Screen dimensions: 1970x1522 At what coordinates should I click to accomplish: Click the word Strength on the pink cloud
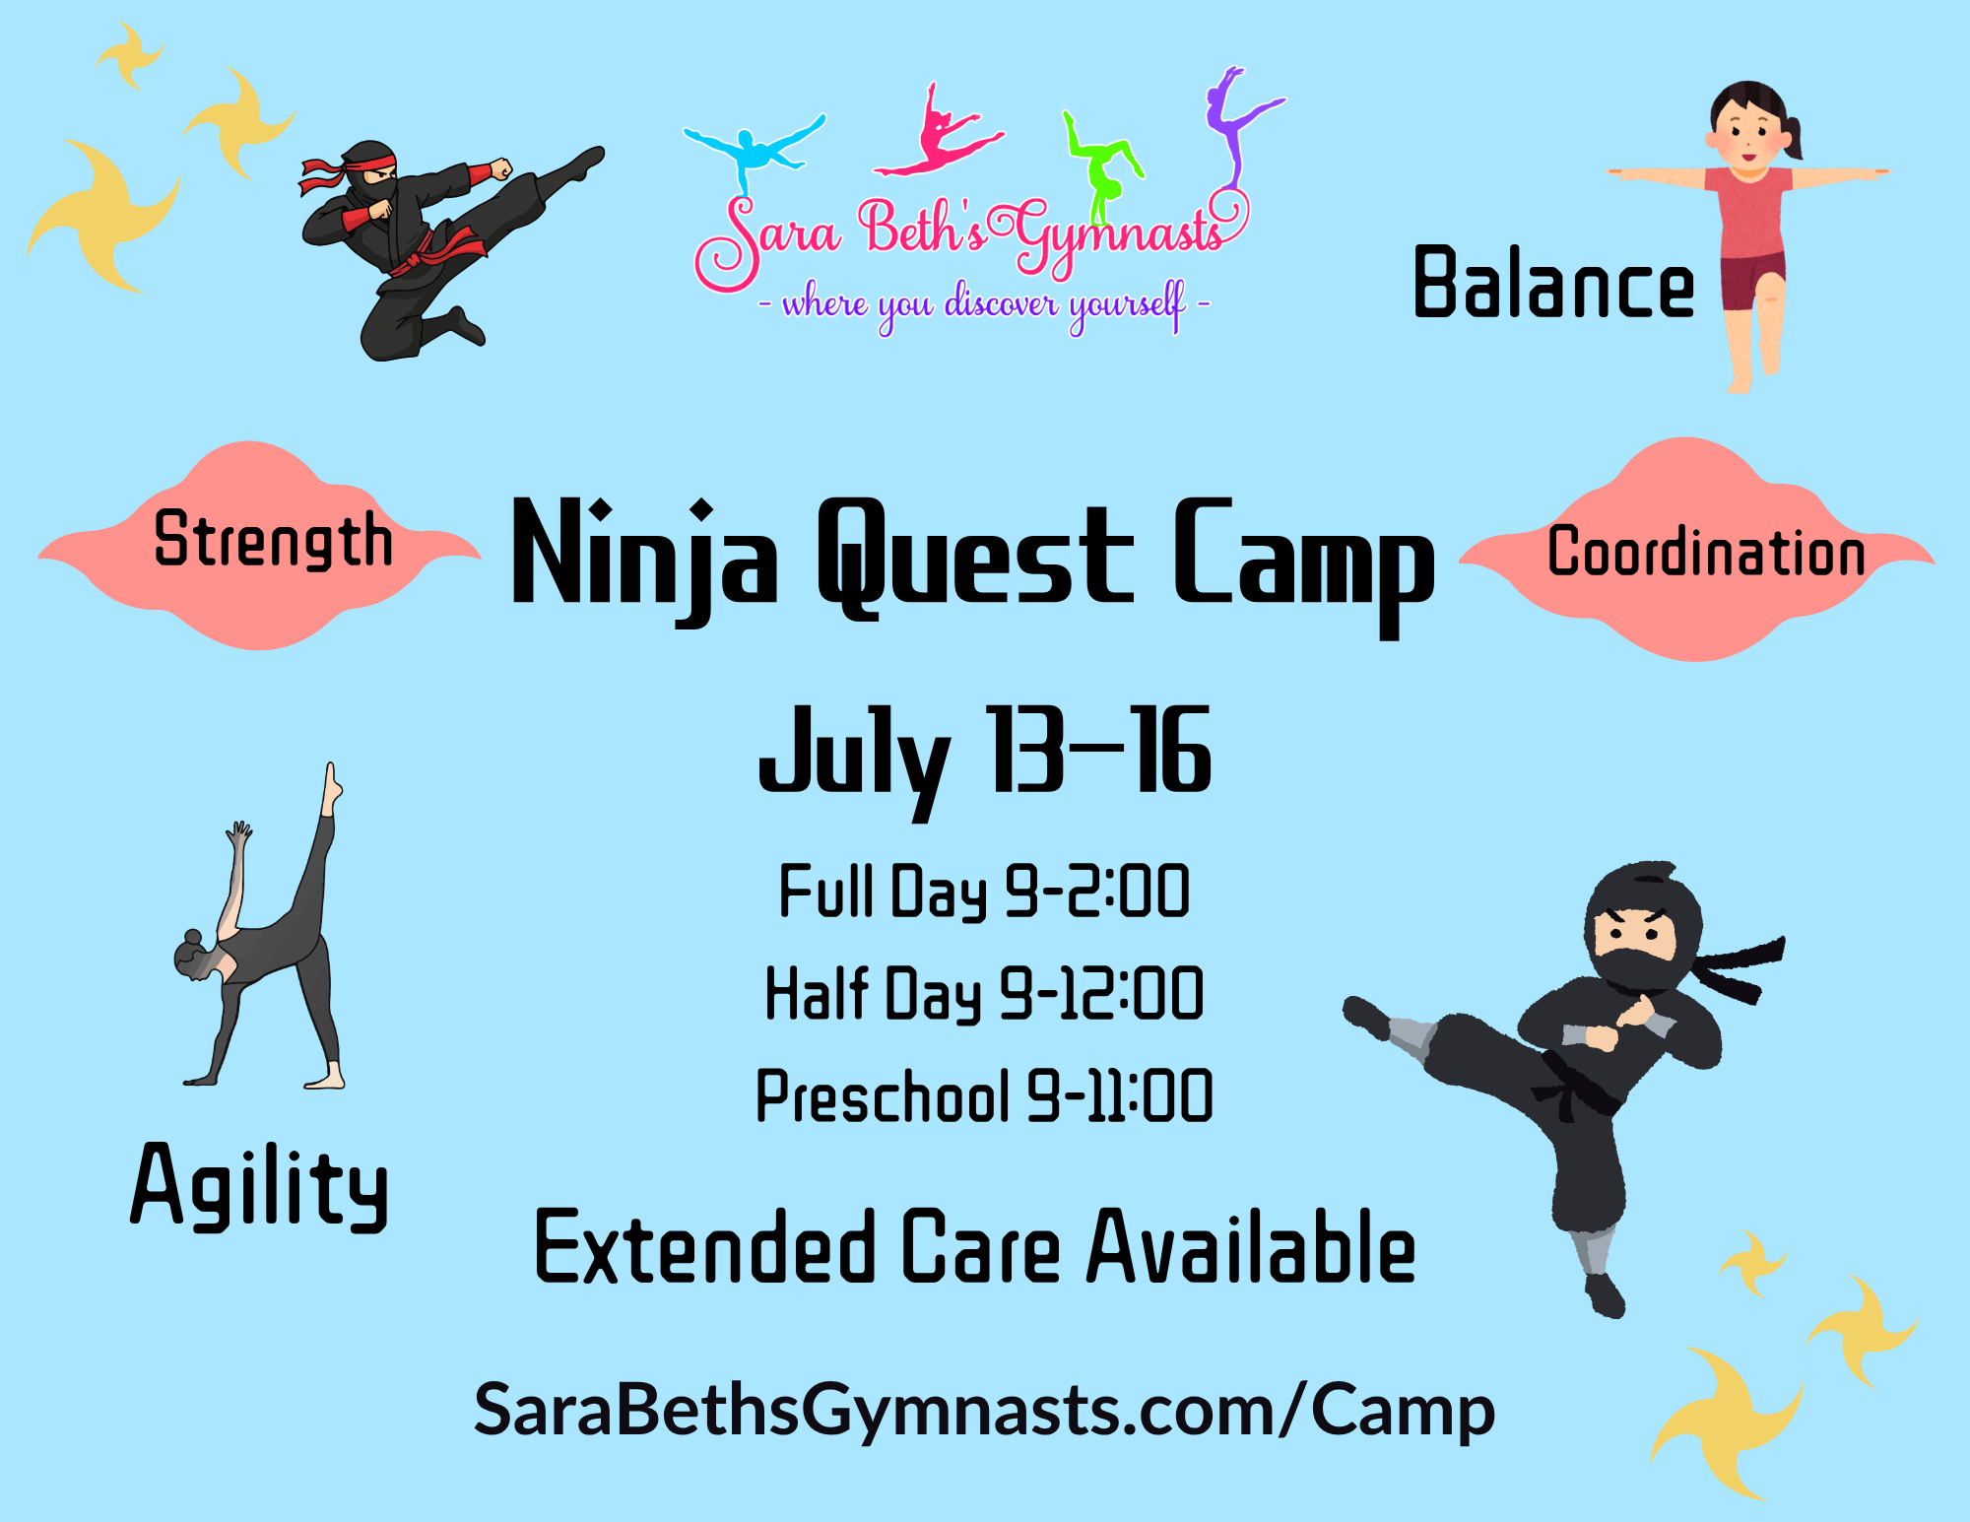(274, 540)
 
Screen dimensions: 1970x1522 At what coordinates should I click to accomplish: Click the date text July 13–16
(984, 759)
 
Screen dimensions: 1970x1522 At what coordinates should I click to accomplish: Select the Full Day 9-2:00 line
(984, 892)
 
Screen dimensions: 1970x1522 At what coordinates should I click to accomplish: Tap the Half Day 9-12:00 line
(984, 993)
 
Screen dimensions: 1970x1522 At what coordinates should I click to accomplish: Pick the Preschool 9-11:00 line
(984, 1095)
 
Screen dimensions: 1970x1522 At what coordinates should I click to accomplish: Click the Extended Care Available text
(975, 1248)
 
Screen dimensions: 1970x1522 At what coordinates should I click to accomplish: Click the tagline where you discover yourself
(984, 305)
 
